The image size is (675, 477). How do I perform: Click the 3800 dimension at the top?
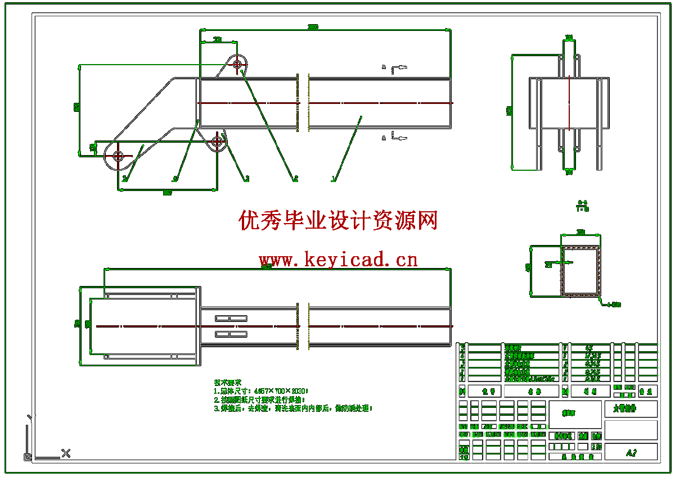pyautogui.click(x=313, y=27)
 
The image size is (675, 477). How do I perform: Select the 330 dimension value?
pyautogui.click(x=217, y=40)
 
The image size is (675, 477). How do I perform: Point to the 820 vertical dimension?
pyautogui.click(x=76, y=107)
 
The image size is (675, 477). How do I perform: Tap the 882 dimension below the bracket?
pyautogui.click(x=167, y=193)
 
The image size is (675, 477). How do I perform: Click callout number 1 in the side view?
pyautogui.click(x=334, y=179)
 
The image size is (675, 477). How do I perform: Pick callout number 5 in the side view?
pyautogui.click(x=124, y=179)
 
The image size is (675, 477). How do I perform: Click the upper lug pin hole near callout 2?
pyautogui.click(x=237, y=65)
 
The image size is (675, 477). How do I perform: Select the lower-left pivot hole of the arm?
pyautogui.click(x=118, y=156)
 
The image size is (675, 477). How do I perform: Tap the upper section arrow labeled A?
pyautogui.click(x=384, y=67)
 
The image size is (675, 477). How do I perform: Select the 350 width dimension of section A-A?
pyautogui.click(x=581, y=232)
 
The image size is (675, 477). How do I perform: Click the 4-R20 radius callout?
pyautogui.click(x=613, y=305)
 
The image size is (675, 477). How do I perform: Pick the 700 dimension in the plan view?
pyautogui.click(x=78, y=324)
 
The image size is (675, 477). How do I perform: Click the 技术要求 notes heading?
pyautogui.click(x=228, y=382)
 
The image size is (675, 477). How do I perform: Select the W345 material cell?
pyautogui.click(x=592, y=356)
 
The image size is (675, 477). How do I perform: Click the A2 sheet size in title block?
pyautogui.click(x=631, y=453)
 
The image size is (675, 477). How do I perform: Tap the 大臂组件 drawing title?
pyautogui.click(x=624, y=408)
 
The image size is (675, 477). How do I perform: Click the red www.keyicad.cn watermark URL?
pyautogui.click(x=338, y=260)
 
